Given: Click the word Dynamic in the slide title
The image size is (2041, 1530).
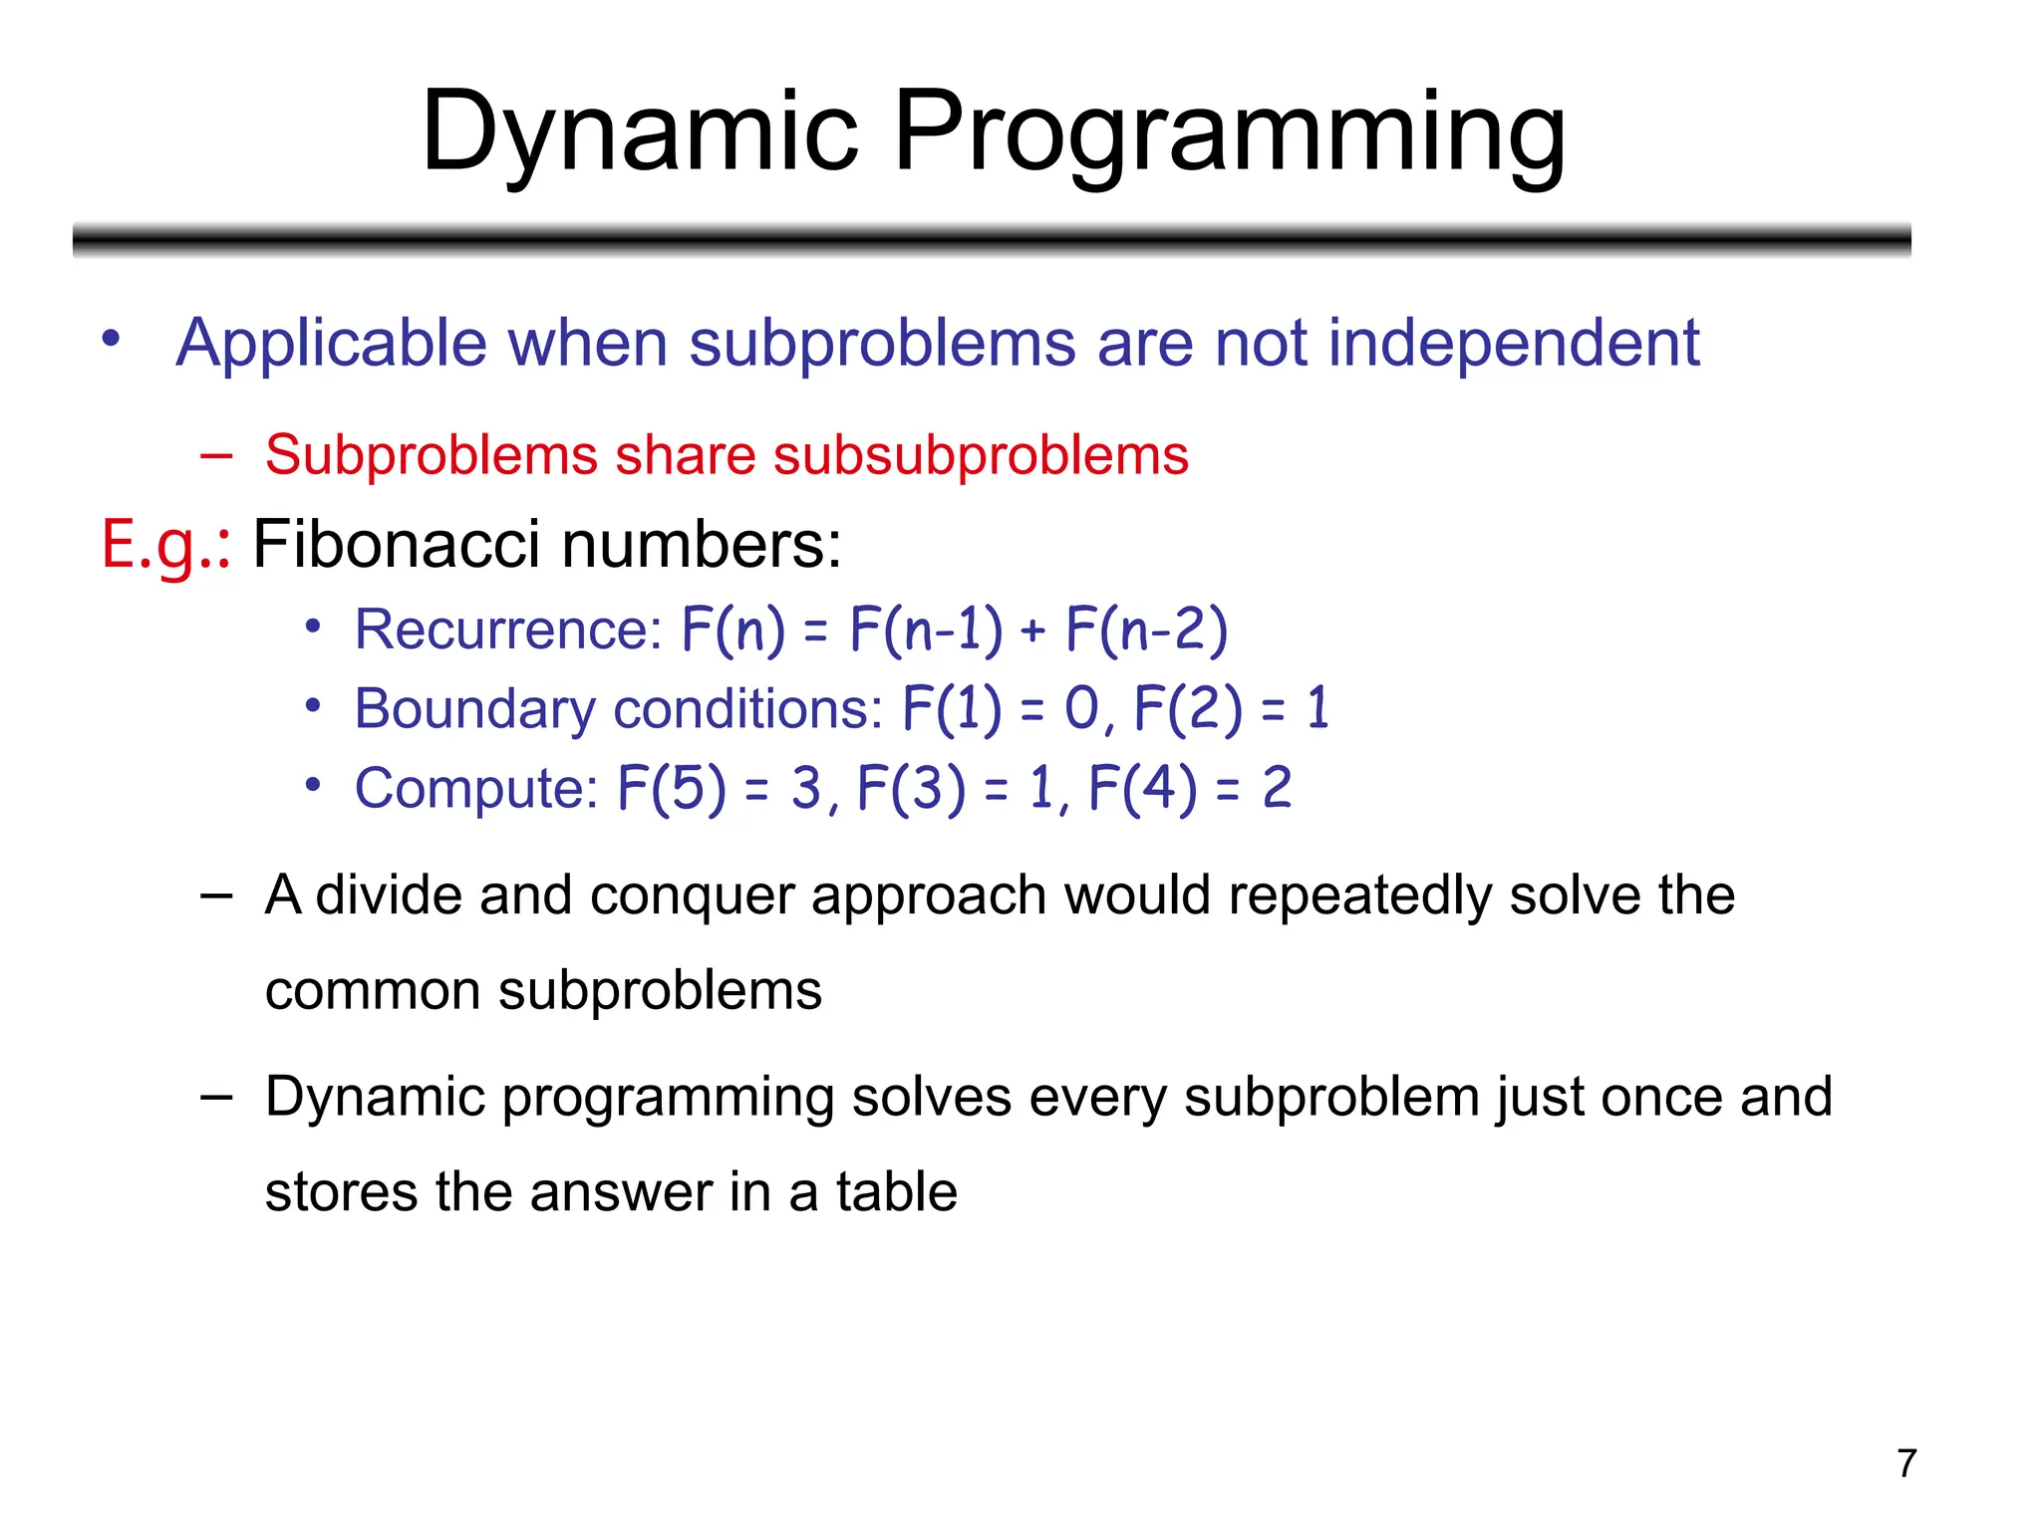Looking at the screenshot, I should pos(639,132).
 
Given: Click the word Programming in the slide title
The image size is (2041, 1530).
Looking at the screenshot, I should pos(1229,132).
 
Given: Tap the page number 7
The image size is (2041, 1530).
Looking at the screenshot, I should pos(1906,1463).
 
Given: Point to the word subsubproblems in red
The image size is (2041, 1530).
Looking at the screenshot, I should pos(981,456).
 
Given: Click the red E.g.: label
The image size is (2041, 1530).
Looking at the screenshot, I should pos(165,546).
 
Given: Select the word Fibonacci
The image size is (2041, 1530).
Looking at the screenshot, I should pos(396,545).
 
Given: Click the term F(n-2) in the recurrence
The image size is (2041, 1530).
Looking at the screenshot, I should pos(1146,630).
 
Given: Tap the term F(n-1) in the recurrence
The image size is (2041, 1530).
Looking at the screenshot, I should pos(926,630).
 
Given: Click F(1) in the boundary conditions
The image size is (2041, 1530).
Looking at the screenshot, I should pos(952,709).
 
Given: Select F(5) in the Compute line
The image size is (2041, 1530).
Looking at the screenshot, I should pos(672,789).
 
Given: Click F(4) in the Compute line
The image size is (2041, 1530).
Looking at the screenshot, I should pos(1142,789).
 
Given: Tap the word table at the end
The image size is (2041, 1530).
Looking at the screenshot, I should pos(896,1192).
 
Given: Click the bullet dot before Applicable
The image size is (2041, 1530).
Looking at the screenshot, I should pos(112,339).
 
